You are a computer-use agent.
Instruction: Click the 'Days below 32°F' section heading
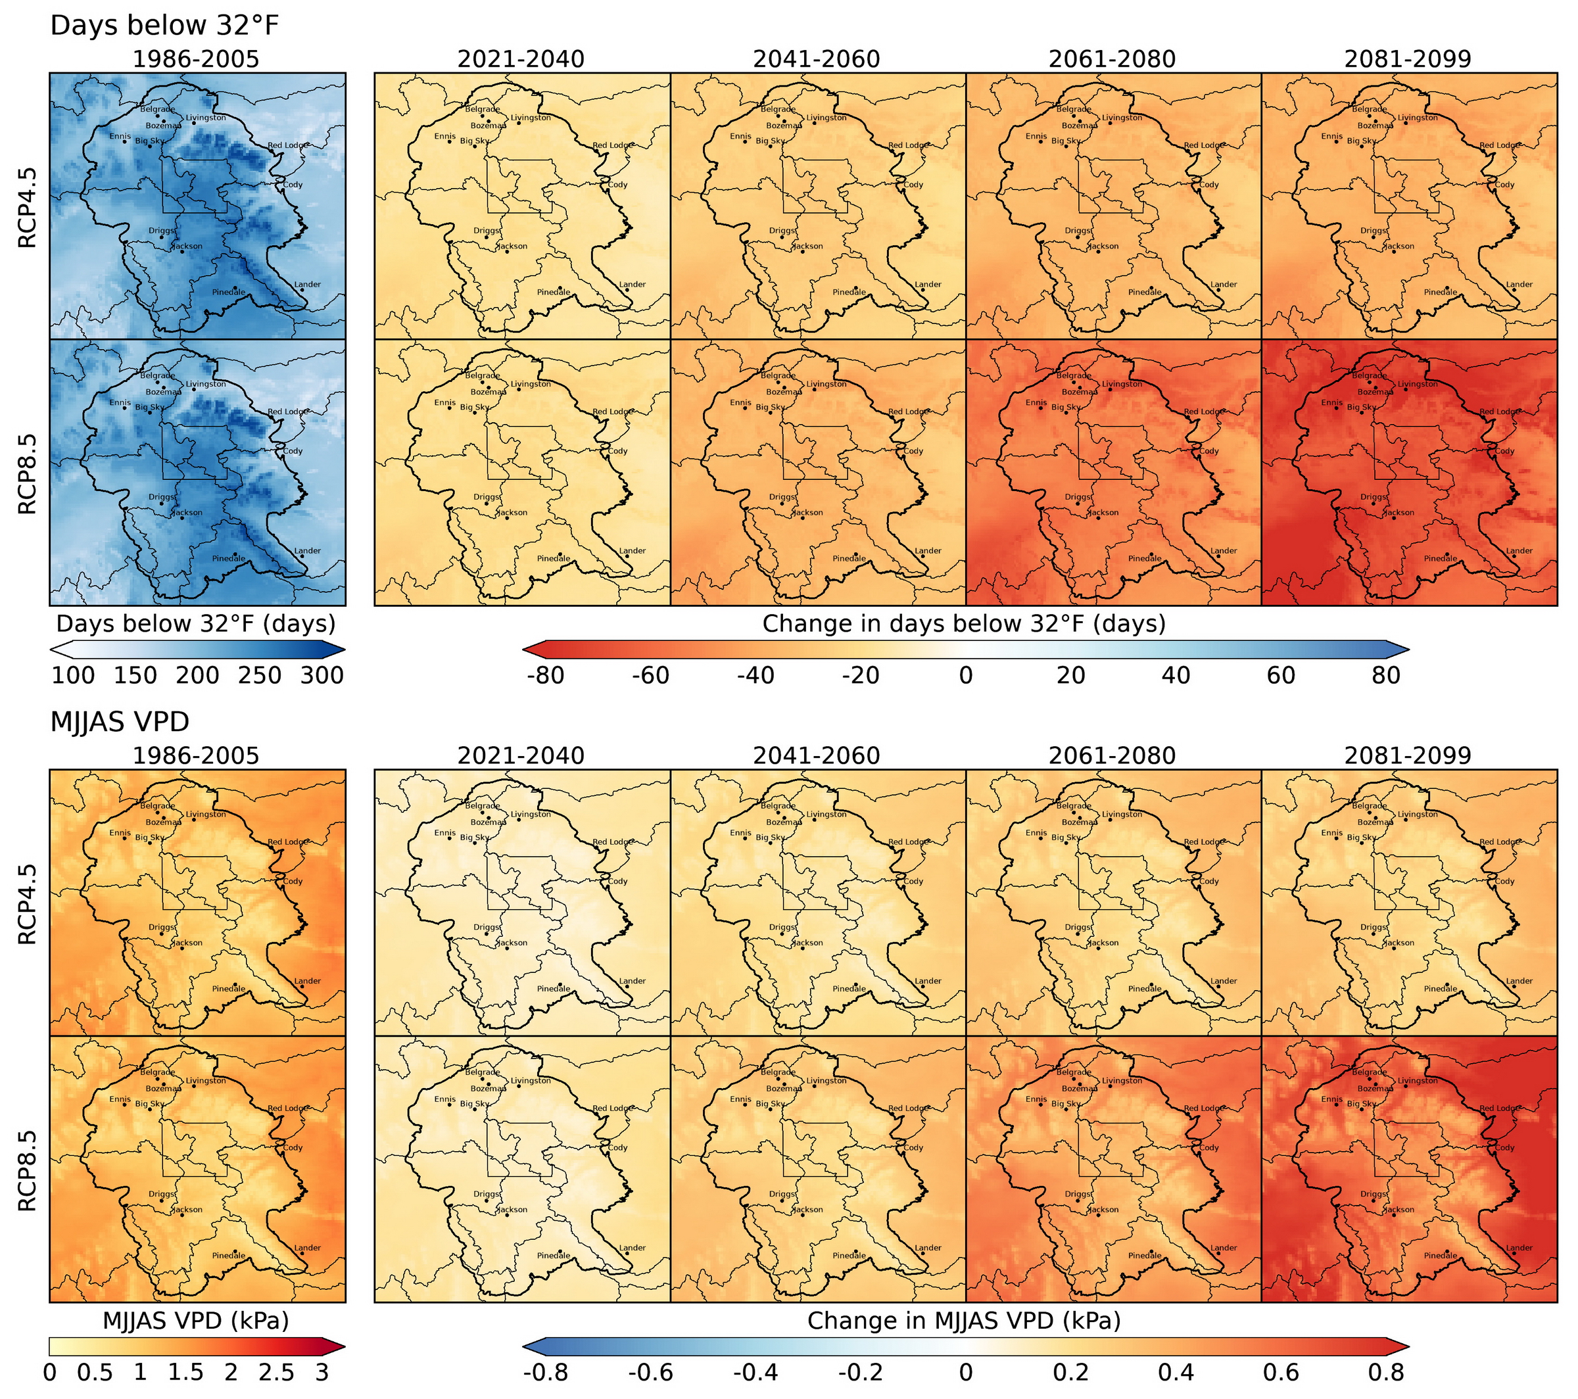tap(164, 26)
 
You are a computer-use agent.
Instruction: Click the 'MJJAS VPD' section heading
tap(120, 722)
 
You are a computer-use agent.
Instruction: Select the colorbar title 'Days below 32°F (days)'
tap(196, 623)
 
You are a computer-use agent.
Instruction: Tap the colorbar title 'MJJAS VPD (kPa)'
tap(196, 1320)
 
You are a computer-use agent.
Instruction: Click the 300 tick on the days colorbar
tap(322, 676)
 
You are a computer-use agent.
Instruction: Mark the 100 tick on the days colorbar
tap(74, 676)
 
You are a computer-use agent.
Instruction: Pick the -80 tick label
tap(546, 676)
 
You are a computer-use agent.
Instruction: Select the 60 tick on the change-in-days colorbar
tap(1281, 676)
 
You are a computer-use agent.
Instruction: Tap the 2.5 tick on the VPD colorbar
tap(276, 1372)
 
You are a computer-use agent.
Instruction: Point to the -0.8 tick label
tap(546, 1372)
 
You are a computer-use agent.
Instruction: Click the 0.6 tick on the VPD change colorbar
tap(1281, 1372)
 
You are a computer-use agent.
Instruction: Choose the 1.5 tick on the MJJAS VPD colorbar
tap(186, 1372)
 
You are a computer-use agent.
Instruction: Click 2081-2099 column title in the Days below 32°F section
tap(1408, 59)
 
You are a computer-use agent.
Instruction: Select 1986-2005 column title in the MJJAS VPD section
tap(196, 755)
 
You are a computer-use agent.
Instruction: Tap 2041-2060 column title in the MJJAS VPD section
tap(817, 755)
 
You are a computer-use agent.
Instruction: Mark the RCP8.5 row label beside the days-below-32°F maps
tap(27, 473)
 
